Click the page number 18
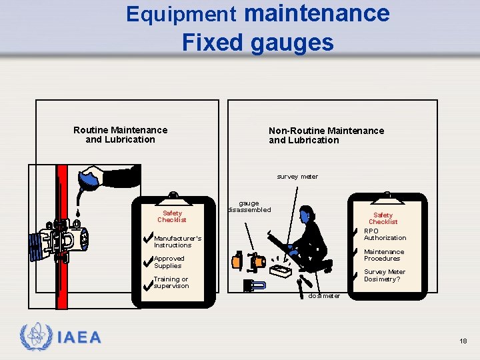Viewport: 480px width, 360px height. [x=463, y=341]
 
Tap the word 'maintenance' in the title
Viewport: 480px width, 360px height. [x=317, y=13]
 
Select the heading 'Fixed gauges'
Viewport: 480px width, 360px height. [x=257, y=42]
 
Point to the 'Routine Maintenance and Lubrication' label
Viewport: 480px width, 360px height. [x=120, y=135]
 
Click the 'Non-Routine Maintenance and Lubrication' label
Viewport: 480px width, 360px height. [x=326, y=135]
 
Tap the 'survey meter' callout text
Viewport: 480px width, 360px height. [x=297, y=177]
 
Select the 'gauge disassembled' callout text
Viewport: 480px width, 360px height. [x=249, y=207]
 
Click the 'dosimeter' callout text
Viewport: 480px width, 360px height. [x=324, y=296]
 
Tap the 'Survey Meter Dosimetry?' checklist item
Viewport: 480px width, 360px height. [x=384, y=275]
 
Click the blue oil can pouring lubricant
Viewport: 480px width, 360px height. [x=89, y=181]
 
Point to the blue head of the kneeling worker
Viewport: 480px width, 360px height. [x=305, y=215]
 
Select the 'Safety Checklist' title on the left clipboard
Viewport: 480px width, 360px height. [x=172, y=217]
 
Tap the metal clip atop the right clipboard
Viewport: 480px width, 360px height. [x=387, y=196]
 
